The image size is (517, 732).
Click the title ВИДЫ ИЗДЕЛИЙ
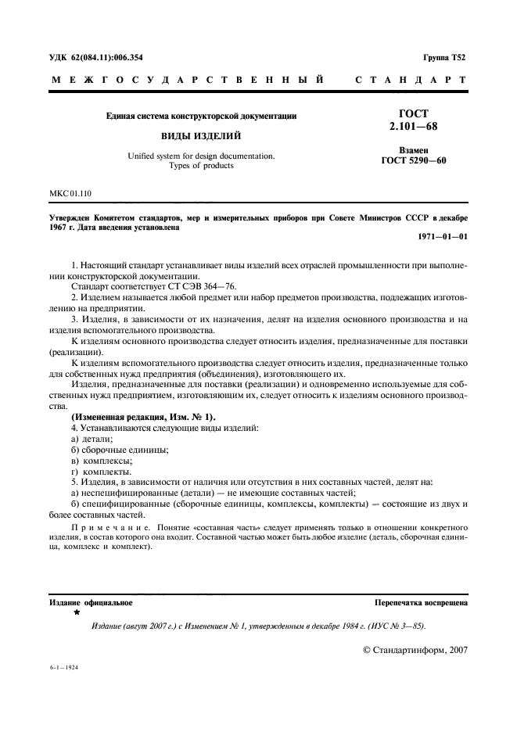click(x=201, y=135)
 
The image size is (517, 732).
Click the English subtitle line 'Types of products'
click(x=201, y=166)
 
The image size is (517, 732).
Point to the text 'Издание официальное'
click(x=91, y=603)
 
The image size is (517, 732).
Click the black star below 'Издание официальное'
click(x=76, y=614)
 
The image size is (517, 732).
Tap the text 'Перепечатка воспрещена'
click(x=421, y=603)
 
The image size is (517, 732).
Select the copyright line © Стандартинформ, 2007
click(x=415, y=649)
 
